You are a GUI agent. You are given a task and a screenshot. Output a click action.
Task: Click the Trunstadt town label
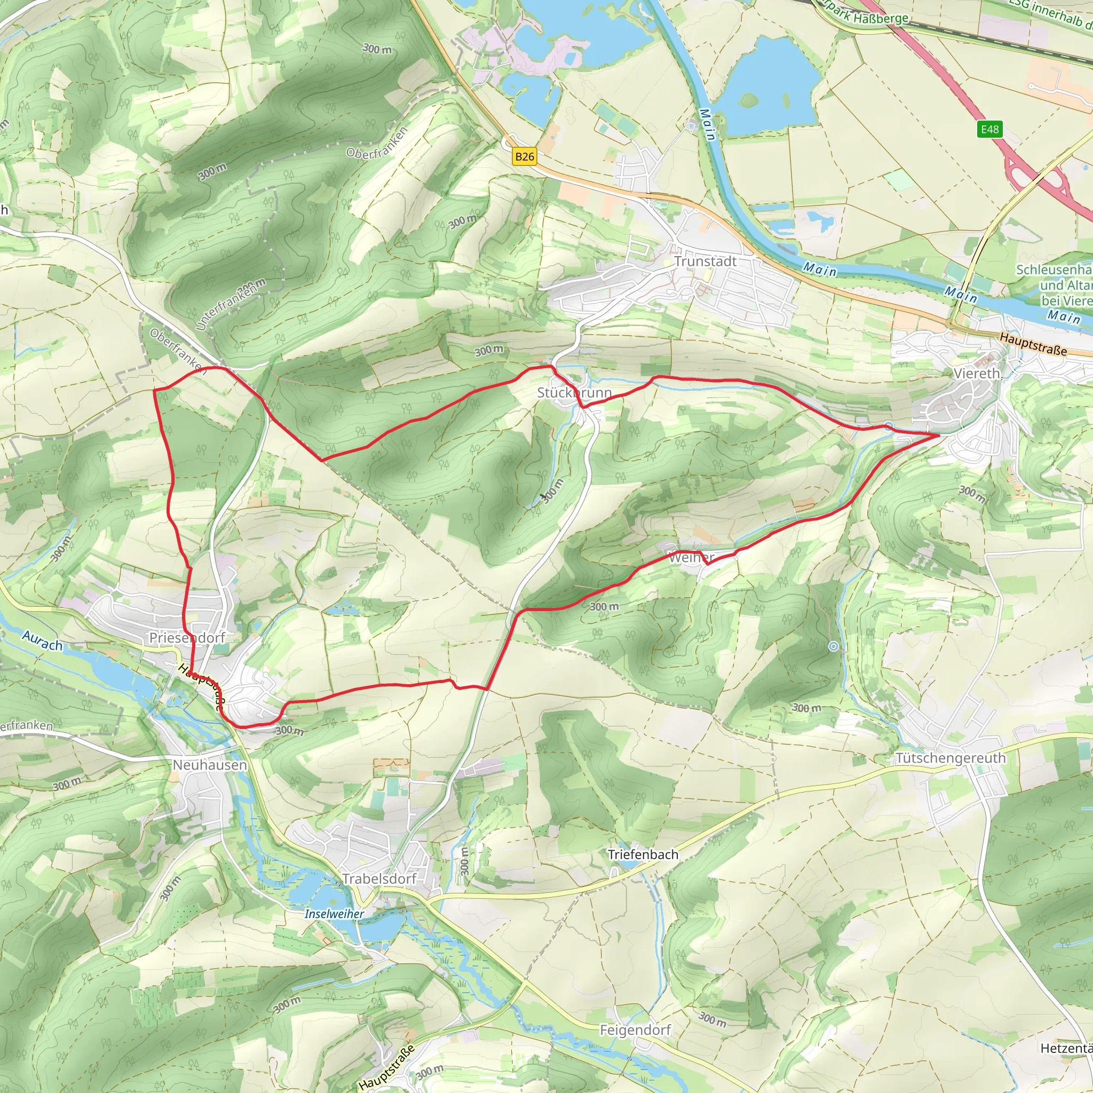[705, 262]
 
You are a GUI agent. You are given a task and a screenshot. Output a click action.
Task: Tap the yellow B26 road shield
[524, 157]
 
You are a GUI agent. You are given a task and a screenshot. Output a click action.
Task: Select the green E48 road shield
[989, 129]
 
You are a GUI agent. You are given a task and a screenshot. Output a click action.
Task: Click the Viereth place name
[977, 374]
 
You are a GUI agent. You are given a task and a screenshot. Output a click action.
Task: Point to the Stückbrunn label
[574, 393]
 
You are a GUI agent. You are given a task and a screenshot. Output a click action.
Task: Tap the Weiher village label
[691, 558]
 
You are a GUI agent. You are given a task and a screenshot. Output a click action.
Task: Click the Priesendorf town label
[187, 638]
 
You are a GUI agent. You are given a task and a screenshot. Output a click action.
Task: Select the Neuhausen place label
[209, 765]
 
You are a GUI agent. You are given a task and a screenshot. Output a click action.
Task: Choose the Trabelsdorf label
[379, 878]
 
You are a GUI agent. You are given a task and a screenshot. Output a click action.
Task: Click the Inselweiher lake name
[334, 914]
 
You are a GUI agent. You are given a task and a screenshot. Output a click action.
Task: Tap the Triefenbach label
[643, 854]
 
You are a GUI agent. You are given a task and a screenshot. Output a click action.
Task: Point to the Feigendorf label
[635, 1030]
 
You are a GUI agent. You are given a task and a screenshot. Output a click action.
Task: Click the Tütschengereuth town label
[951, 758]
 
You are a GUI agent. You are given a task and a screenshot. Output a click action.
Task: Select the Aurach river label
[43, 641]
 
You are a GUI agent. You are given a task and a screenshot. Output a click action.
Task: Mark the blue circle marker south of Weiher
[833, 646]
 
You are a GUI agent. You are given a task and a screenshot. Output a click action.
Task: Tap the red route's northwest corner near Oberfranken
[154, 390]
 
